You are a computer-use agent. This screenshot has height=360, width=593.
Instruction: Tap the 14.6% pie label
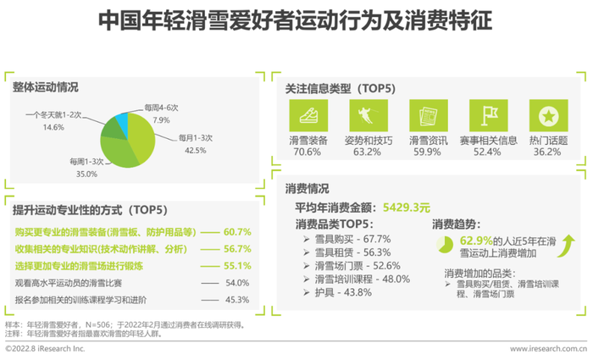tap(53, 127)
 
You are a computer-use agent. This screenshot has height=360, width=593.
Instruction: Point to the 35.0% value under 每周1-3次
tap(86, 174)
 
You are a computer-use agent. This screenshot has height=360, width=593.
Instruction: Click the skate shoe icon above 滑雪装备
tap(308, 115)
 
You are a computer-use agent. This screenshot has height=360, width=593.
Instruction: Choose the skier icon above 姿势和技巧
tap(369, 115)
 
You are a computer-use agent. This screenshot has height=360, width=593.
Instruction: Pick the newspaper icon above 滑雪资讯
tap(429, 115)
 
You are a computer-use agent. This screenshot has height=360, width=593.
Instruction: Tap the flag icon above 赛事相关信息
tap(488, 115)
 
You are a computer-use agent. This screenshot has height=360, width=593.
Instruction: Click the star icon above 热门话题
tap(548, 115)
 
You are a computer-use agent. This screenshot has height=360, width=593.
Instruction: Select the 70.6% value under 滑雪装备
tap(307, 152)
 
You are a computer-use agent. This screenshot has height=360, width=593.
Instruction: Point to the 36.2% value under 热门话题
tap(547, 152)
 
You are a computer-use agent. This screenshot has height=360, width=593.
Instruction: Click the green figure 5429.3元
tap(407, 208)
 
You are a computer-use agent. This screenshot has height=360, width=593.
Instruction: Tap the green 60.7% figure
tap(237, 232)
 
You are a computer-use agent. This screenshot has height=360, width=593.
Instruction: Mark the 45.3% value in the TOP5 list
tap(237, 300)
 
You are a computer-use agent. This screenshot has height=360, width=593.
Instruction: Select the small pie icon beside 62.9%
tap(445, 245)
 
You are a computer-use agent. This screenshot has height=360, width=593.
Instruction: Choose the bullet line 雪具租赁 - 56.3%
tap(347, 252)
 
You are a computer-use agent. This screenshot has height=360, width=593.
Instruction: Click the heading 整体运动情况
tap(46, 87)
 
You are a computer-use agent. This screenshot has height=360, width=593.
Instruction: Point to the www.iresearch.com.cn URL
tap(548, 349)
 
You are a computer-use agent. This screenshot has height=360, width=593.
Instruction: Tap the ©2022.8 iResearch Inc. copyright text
tap(45, 349)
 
